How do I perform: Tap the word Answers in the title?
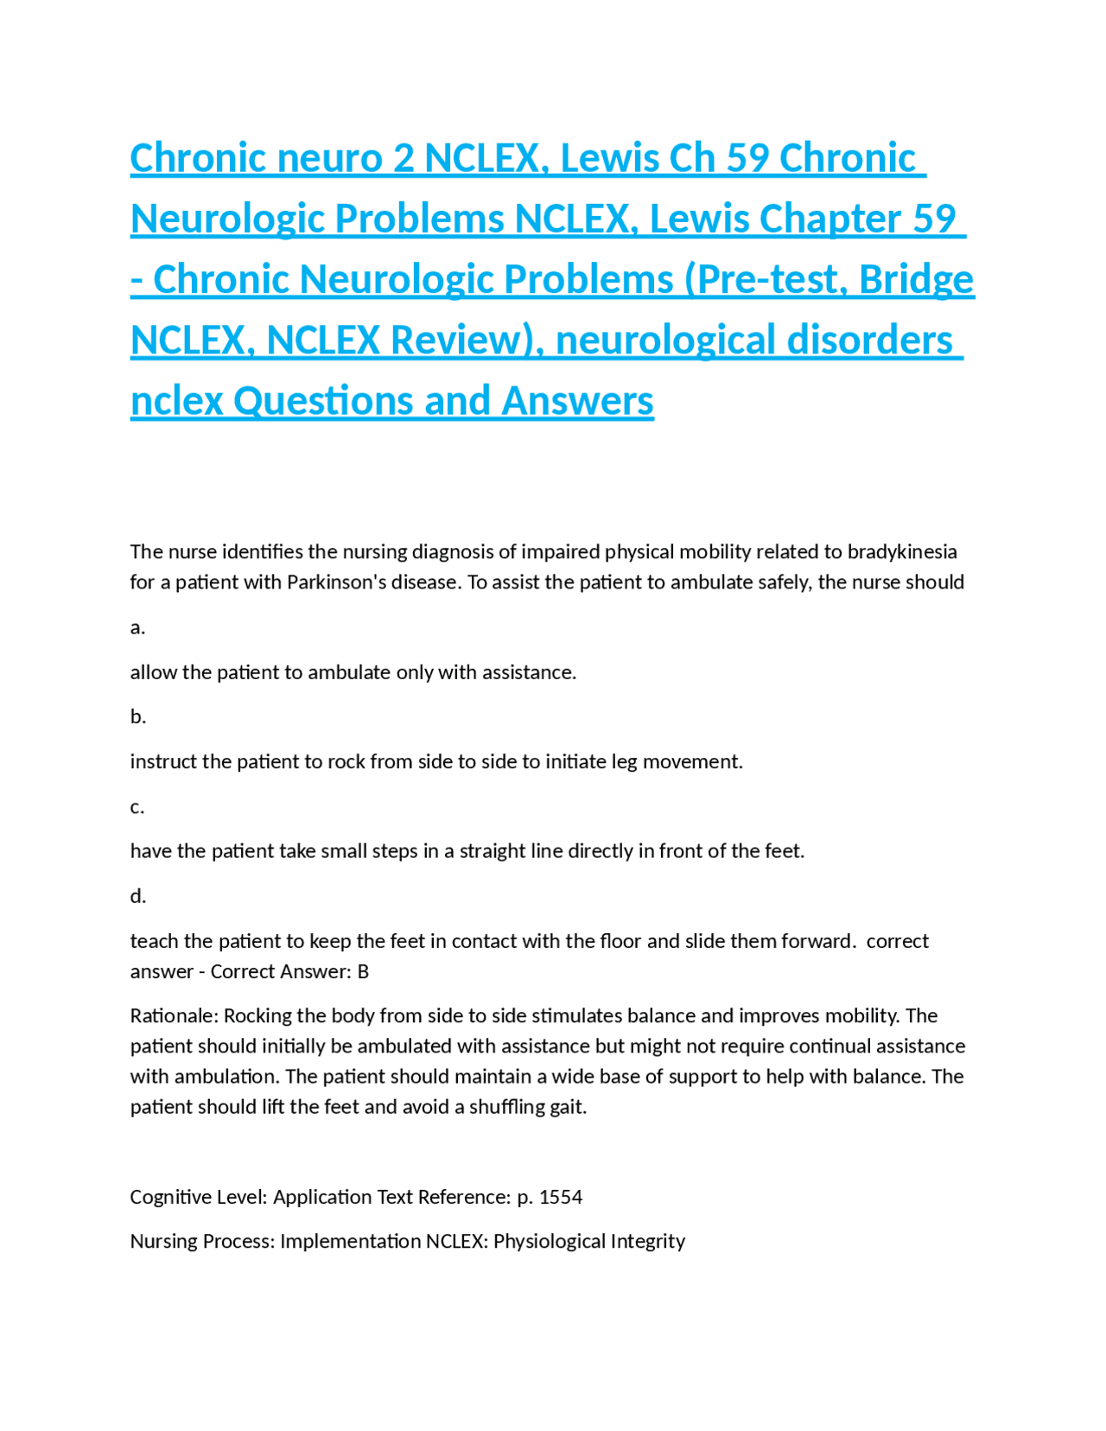click(577, 401)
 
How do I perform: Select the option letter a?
click(137, 627)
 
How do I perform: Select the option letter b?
click(137, 716)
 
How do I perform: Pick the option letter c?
click(137, 806)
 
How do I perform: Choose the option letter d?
click(137, 896)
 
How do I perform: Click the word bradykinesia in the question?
click(902, 551)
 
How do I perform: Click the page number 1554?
click(561, 1197)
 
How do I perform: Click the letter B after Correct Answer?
click(363, 971)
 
